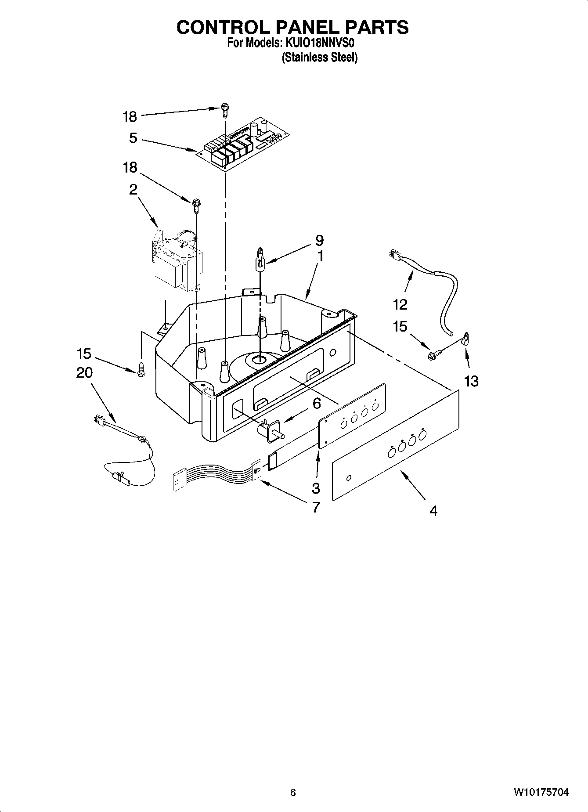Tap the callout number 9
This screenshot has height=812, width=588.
pyautogui.click(x=319, y=240)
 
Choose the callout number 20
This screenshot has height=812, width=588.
pyautogui.click(x=84, y=372)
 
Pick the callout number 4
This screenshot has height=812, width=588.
pyautogui.click(x=433, y=511)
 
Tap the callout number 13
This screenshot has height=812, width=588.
pyautogui.click(x=471, y=381)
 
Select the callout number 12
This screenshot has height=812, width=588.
pyautogui.click(x=400, y=304)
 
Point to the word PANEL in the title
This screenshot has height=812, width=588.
pyautogui.click(x=307, y=27)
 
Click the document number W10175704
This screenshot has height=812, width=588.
pyautogui.click(x=541, y=792)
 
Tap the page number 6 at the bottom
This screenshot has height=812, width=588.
pyautogui.click(x=293, y=792)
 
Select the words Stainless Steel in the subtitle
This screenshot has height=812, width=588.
pyautogui.click(x=319, y=57)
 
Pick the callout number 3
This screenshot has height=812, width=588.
pyautogui.click(x=316, y=487)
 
